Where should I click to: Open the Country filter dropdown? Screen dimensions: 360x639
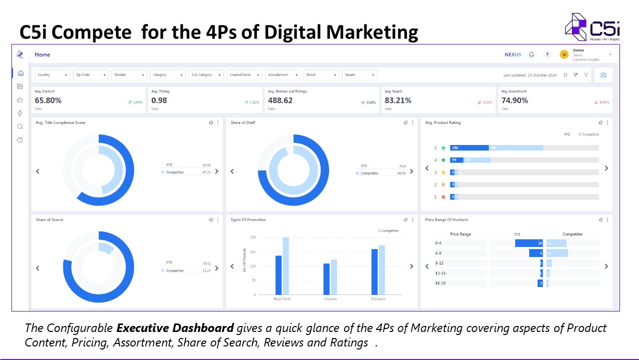[52, 75]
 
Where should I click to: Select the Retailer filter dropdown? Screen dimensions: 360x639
[129, 75]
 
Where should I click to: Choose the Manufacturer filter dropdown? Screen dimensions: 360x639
[283, 75]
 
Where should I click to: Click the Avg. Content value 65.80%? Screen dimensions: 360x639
[48, 100]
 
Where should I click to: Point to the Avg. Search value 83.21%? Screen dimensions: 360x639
[398, 100]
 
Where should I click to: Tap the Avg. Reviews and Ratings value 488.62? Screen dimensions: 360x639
[280, 100]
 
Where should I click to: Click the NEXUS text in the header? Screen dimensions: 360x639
[513, 54]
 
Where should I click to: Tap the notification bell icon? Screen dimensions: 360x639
[532, 54]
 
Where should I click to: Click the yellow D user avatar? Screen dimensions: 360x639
[564, 54]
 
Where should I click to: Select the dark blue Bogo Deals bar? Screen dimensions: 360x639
[279, 275]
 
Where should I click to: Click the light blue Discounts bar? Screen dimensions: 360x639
[382, 269]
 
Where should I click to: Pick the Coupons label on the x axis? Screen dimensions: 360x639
[330, 299]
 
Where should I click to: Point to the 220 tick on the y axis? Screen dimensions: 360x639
[253, 237]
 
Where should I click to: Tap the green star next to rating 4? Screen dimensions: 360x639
[443, 160]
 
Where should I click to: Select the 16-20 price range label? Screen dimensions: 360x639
[440, 283]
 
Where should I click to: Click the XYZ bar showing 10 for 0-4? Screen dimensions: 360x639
[529, 243]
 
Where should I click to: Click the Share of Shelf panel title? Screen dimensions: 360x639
[243, 122]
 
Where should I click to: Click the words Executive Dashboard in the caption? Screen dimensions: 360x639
[175, 328]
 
